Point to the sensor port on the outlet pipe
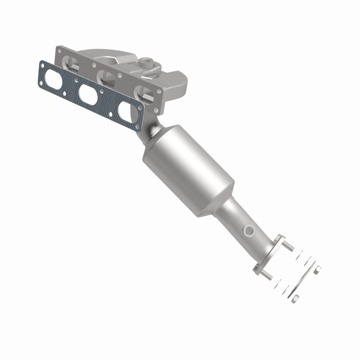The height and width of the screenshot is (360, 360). click(248, 231)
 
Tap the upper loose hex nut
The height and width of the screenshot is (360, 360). click(318, 269)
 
